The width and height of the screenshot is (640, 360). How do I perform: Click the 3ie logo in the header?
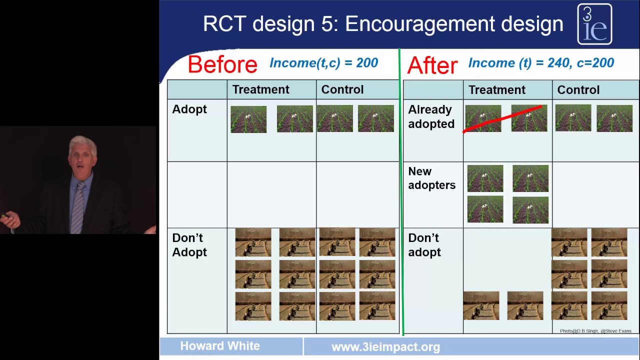tap(594, 24)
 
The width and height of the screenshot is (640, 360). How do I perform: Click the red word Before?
tap(222, 64)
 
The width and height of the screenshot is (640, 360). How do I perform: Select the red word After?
tap(432, 65)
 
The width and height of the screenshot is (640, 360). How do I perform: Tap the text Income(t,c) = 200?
tap(323, 63)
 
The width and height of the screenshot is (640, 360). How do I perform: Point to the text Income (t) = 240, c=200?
tap(541, 63)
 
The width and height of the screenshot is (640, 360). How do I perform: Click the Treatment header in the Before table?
tap(260, 89)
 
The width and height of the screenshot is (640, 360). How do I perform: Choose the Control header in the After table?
tap(578, 90)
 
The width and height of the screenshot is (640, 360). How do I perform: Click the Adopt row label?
tap(189, 109)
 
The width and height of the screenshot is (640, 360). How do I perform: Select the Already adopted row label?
tap(431, 116)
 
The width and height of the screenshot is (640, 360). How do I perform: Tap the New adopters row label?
tap(431, 178)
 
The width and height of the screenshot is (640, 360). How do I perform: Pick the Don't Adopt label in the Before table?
tap(189, 245)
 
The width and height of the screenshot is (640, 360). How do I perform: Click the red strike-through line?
tap(502, 119)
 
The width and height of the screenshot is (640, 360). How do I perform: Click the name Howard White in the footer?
tap(220, 346)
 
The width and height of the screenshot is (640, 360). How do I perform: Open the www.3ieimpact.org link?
tap(385, 347)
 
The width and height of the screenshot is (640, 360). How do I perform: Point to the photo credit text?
tap(595, 331)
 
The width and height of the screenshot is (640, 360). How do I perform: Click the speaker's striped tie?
tap(77, 208)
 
